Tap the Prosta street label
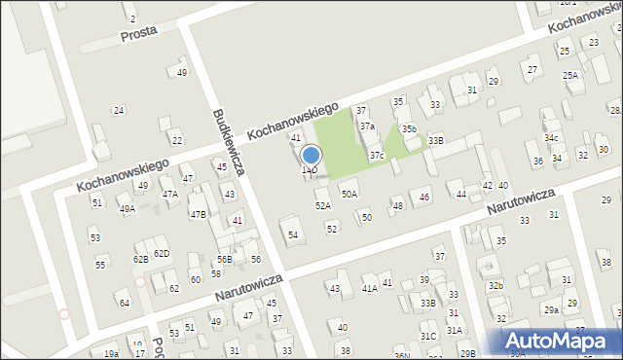coord(139,35)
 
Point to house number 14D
coord(309,171)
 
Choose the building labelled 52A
coord(323,205)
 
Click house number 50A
coord(349,194)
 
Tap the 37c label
coord(377,156)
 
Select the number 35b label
coord(409,128)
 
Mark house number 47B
coord(198,214)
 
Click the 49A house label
coord(128,209)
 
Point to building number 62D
coord(162,254)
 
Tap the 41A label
coord(370,288)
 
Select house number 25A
coord(570,75)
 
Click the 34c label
coord(551,138)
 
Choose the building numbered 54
coord(293,234)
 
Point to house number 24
coord(119,110)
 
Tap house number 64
coord(125,303)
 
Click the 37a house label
coord(367,126)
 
